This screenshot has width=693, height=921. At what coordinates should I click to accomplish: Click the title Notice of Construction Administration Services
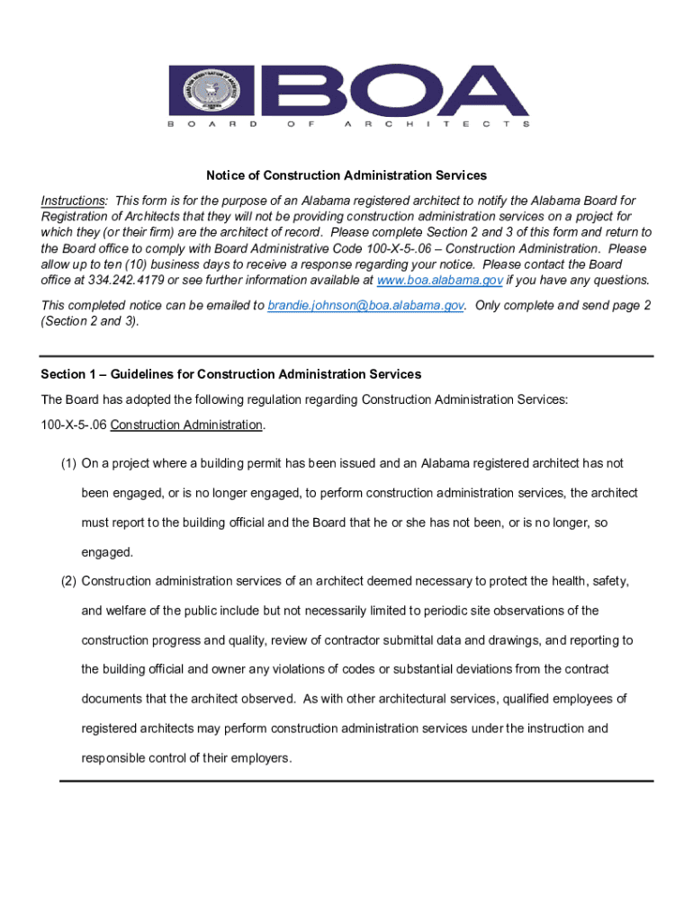346,175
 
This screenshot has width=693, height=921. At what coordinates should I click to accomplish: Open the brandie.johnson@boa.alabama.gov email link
365,306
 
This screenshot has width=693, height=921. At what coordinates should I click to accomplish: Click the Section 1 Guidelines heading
230,374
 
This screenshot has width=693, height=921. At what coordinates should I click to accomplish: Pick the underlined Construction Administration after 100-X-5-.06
187,425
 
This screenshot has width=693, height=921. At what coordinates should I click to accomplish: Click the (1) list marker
68,463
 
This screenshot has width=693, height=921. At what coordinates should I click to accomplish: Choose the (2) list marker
68,581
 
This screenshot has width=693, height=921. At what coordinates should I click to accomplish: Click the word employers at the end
262,757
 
